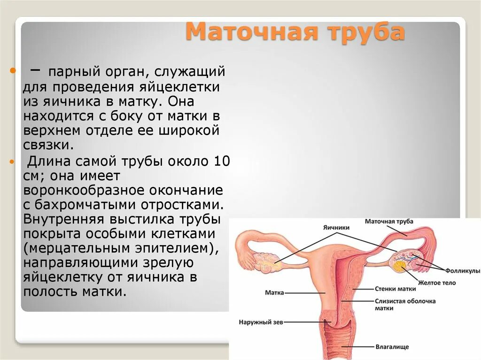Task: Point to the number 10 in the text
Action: click(222, 161)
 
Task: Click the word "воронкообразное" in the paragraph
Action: click(85, 191)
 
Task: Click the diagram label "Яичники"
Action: click(336, 227)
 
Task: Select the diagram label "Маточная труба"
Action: click(389, 221)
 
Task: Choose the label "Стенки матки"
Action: click(395, 289)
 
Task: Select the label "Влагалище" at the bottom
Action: click(392, 347)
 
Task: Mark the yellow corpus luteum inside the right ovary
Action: click(401, 267)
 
